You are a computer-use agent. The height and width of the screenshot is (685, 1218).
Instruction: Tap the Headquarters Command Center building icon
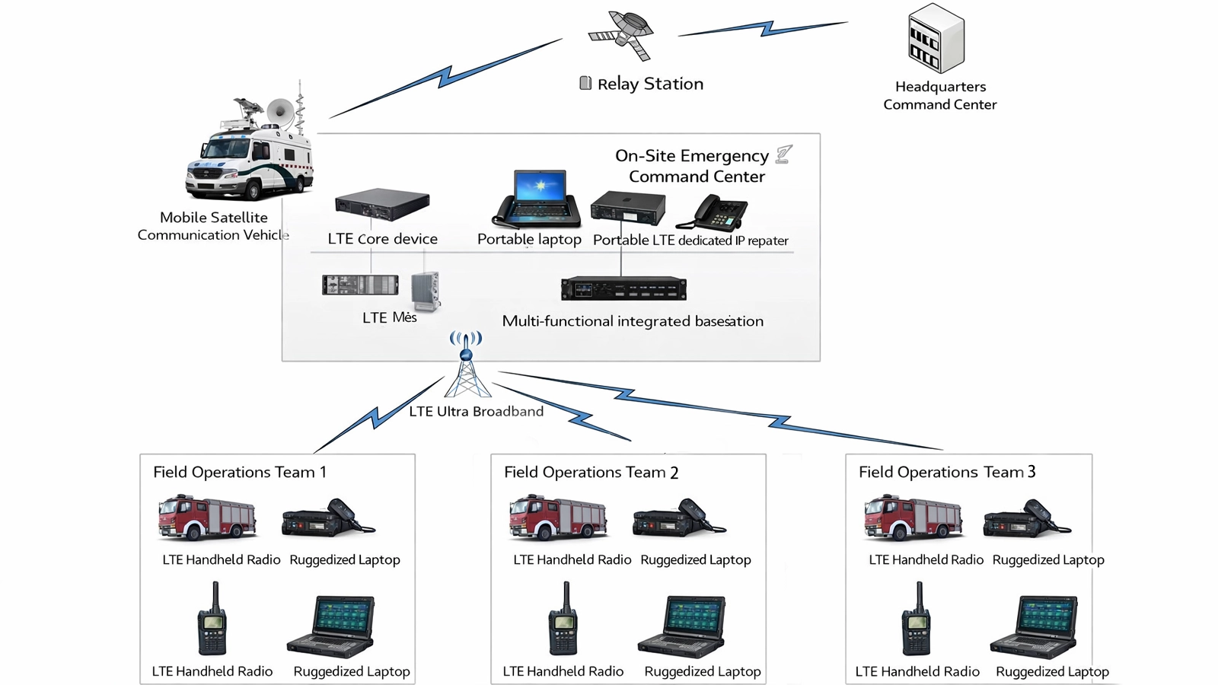pos(936,39)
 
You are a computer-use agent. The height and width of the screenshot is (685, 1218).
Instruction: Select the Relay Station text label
pos(649,84)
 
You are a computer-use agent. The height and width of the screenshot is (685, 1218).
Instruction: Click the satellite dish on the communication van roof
pos(279,113)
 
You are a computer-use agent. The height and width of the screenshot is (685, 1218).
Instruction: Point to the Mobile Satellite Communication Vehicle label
pos(214,226)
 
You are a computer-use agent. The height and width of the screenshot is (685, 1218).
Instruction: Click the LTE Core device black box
pos(382,204)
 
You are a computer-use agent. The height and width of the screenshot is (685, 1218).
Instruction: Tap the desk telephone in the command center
pos(713,212)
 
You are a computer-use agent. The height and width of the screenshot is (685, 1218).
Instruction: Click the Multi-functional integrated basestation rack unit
pos(623,289)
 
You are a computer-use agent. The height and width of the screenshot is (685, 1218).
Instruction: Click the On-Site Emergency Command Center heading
pos(693,166)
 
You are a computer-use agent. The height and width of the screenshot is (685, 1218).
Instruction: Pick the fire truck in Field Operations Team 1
pos(207,518)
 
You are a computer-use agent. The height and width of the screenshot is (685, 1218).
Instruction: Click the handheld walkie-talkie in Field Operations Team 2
pos(563,620)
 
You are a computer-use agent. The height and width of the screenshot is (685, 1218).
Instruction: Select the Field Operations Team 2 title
pos(591,473)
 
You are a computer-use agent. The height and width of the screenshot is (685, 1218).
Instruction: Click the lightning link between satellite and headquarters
pos(764,29)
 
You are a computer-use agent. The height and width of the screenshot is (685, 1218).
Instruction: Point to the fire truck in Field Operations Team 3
pos(913,518)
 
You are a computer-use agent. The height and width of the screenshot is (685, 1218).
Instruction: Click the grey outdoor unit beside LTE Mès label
pos(426,292)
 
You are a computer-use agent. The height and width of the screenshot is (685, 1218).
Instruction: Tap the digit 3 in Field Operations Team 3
pos(1031,472)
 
